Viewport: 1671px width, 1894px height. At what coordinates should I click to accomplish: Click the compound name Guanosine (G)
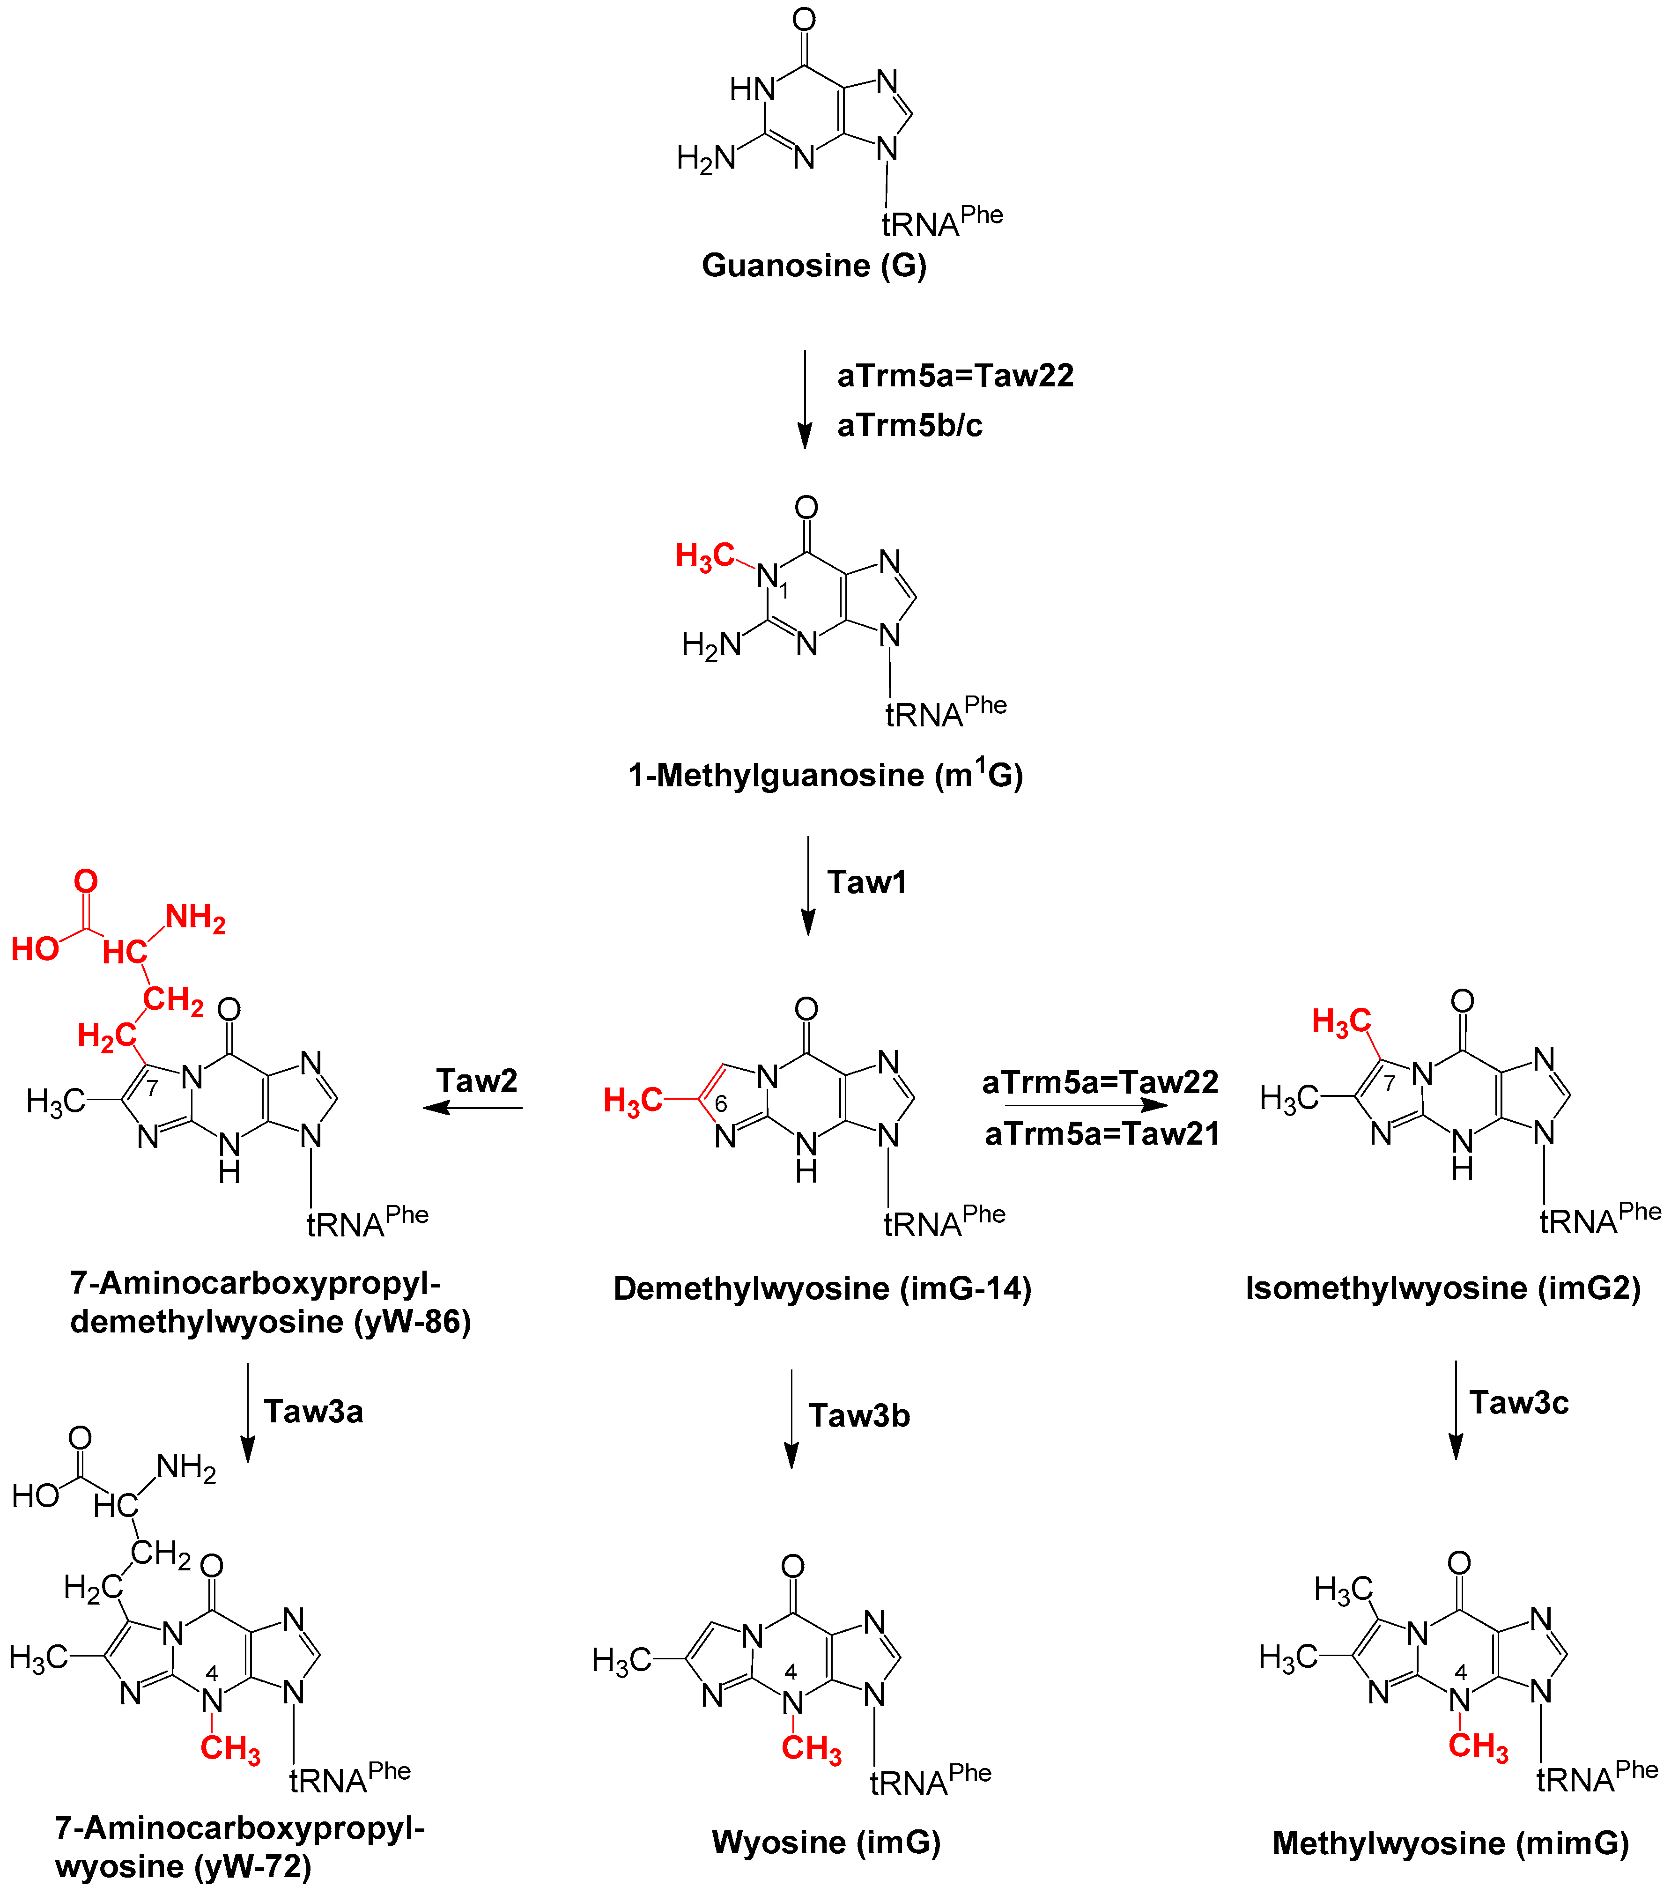(813, 266)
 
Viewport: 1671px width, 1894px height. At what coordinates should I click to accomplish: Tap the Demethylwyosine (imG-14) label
(822, 1288)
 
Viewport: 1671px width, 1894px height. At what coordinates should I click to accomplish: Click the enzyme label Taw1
(866, 882)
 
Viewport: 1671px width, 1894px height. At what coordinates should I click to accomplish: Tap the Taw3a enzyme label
(313, 1411)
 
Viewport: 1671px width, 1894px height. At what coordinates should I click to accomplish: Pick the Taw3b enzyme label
(859, 1415)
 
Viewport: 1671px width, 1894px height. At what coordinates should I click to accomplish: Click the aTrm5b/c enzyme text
(909, 425)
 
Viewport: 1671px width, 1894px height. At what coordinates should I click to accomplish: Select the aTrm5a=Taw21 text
(1102, 1133)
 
